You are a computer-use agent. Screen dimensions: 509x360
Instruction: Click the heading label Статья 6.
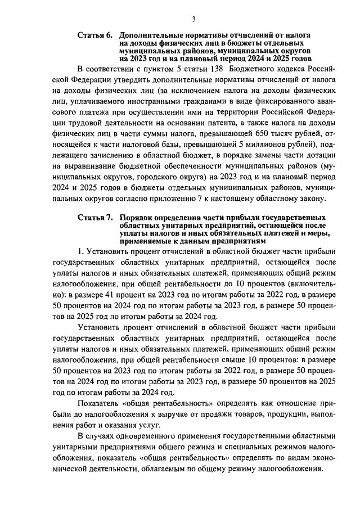click(x=94, y=35)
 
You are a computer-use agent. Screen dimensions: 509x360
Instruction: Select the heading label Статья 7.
click(x=94, y=218)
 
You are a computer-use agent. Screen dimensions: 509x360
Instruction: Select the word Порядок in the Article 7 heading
click(x=138, y=218)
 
